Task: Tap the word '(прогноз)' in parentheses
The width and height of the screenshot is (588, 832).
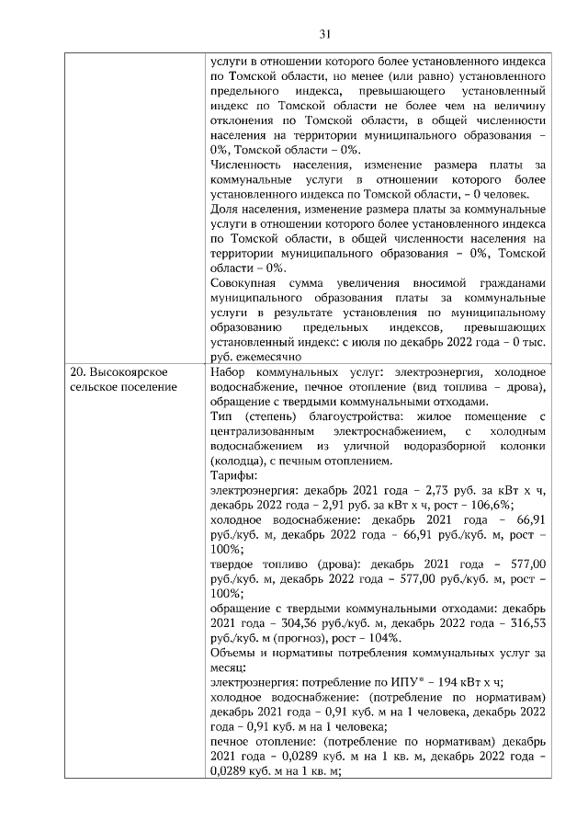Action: [316, 637]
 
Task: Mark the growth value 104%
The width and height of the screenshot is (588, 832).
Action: [393, 637]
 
